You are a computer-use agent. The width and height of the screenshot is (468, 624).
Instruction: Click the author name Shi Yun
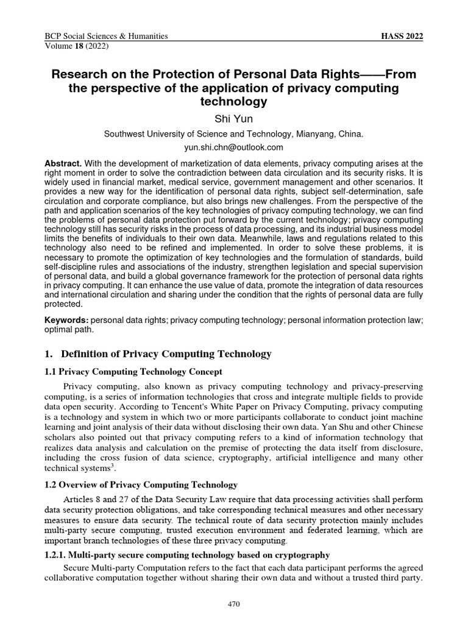(234, 118)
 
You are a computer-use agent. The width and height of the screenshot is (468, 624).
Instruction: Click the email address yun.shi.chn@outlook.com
(234, 147)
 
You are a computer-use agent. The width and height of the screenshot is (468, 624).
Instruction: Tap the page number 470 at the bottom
(234, 604)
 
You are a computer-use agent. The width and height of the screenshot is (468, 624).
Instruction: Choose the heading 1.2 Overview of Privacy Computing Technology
(141, 484)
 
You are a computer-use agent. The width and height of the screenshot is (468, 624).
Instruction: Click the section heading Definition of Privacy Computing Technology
(166, 353)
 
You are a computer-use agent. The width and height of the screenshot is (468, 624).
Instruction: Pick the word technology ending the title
(234, 101)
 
